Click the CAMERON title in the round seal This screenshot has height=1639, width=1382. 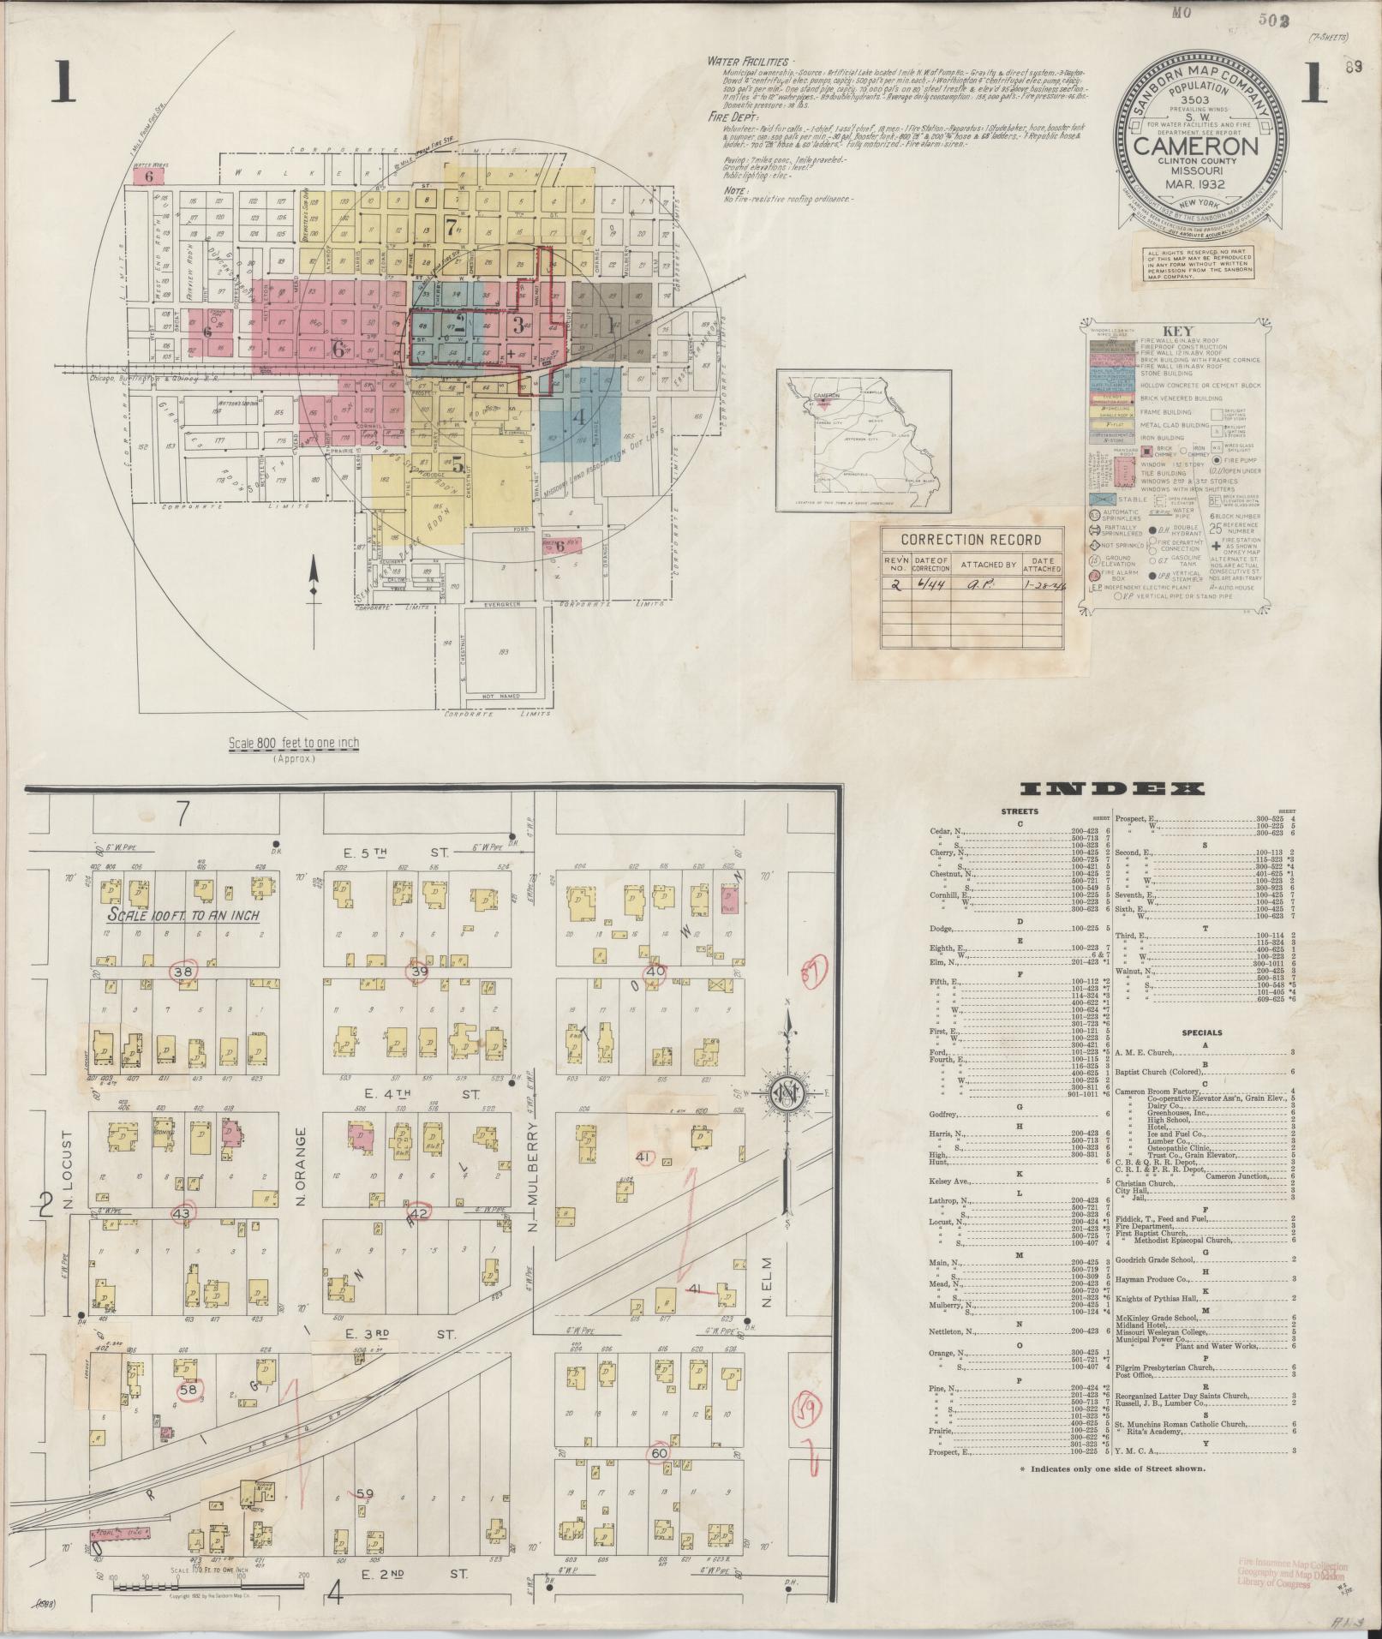click(1196, 146)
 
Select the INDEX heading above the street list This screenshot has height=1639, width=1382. click(1112, 789)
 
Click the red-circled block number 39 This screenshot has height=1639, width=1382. click(419, 972)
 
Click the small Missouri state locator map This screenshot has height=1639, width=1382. click(864, 440)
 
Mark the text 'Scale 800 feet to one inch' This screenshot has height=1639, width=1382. click(294, 743)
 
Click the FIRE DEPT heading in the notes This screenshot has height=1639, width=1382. click(730, 115)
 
